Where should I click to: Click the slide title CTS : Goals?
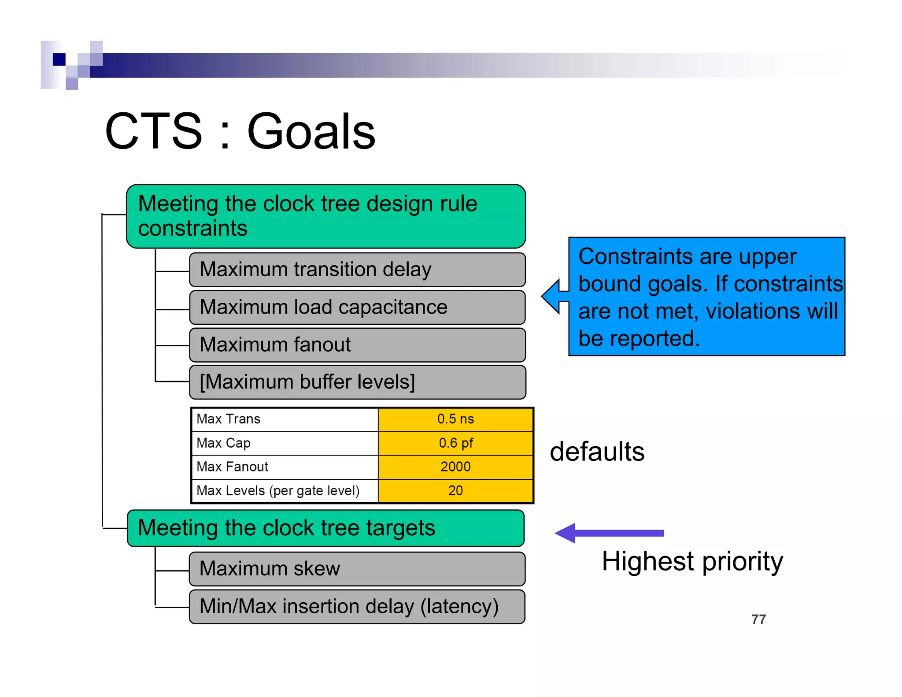click(x=240, y=131)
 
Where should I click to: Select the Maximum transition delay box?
click(x=357, y=270)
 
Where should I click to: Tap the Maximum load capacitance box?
click(x=357, y=307)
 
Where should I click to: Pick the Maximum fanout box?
click(x=357, y=345)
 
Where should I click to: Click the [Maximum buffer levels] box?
click(x=357, y=382)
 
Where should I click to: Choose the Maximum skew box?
click(x=357, y=569)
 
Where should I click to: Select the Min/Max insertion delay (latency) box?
click(x=357, y=607)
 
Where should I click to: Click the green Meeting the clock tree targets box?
click(x=325, y=528)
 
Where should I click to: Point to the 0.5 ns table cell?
click(x=455, y=419)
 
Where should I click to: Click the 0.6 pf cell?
click(x=455, y=443)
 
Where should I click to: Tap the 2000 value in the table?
click(x=455, y=467)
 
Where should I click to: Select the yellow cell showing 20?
click(x=455, y=490)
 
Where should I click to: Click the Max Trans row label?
click(x=228, y=419)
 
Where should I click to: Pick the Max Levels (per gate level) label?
click(x=278, y=490)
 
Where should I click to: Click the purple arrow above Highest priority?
click(x=610, y=533)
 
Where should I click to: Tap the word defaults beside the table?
click(x=597, y=452)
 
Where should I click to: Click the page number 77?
click(x=758, y=619)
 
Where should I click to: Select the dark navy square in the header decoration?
click(x=59, y=59)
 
